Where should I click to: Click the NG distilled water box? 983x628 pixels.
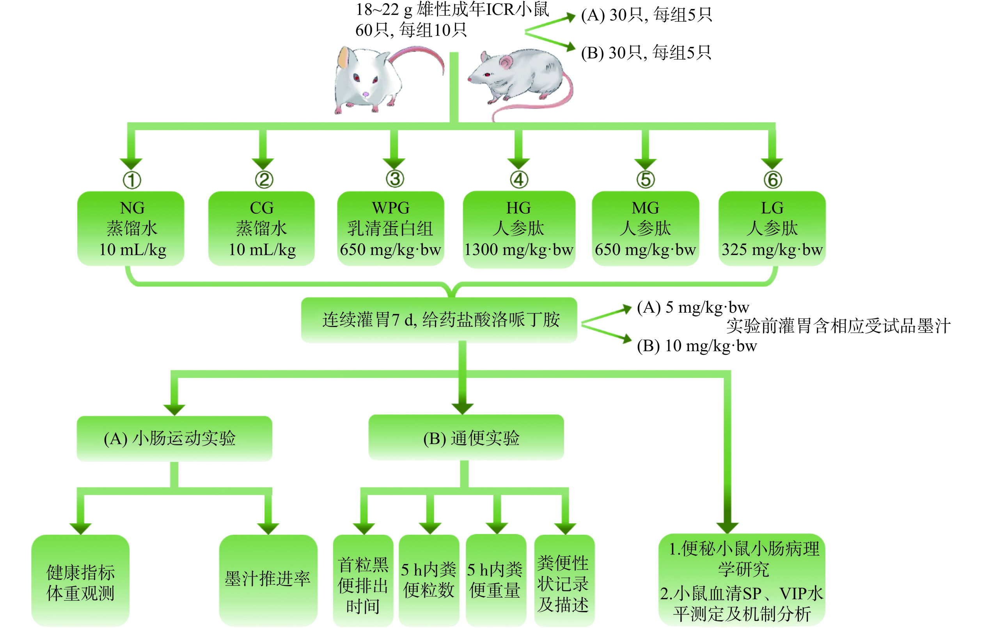point(131,228)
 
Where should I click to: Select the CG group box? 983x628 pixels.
point(261,228)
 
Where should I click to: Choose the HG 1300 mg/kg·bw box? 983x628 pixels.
point(518,229)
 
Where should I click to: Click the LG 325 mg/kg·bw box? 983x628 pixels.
point(772,228)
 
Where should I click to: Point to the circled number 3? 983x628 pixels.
point(395,179)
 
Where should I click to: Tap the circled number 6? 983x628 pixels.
point(772,180)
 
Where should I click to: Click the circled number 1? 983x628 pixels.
point(132,180)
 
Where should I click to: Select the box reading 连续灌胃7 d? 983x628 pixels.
point(439,320)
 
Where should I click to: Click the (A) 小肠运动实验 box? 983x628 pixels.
point(174,438)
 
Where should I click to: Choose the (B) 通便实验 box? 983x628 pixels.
point(466,437)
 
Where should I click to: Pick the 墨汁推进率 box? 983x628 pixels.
point(268,579)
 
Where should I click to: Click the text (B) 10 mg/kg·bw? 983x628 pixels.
point(696,346)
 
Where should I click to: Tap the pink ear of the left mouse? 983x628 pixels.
point(344,57)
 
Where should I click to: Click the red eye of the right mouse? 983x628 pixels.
point(486,75)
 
